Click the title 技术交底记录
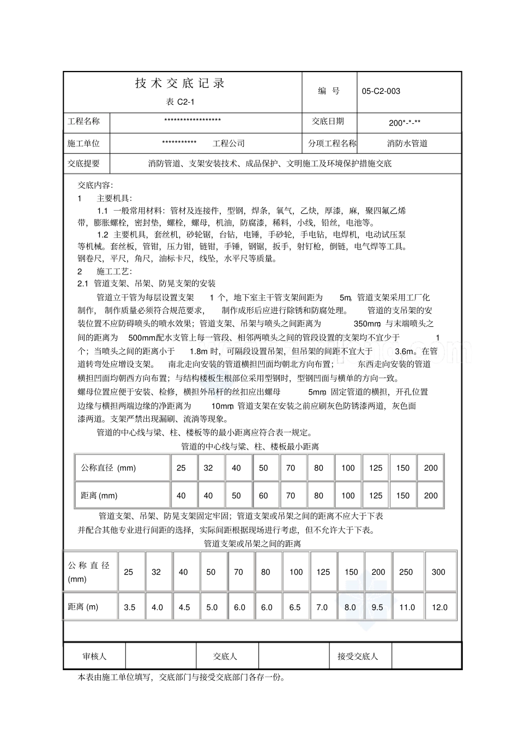pos(180,83)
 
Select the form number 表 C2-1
pos(180,102)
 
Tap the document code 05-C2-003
pos(381,91)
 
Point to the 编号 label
pos(329,91)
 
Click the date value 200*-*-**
pos(405,123)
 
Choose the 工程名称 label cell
pos(84,121)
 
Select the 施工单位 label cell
pos(84,144)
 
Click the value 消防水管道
pos(407,144)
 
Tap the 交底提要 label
pos(84,163)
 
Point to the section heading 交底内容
pos(95,186)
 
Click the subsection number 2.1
pos(83,284)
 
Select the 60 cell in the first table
pos(263,496)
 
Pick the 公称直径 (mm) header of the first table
pos(109,468)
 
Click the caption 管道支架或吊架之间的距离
pos(252,544)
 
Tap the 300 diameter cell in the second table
pos(438,572)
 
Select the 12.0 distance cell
pos(439,607)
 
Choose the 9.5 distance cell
pos(377,607)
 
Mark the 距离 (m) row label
pos(83,607)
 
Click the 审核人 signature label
pos(94,657)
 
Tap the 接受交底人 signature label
pos(358,657)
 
